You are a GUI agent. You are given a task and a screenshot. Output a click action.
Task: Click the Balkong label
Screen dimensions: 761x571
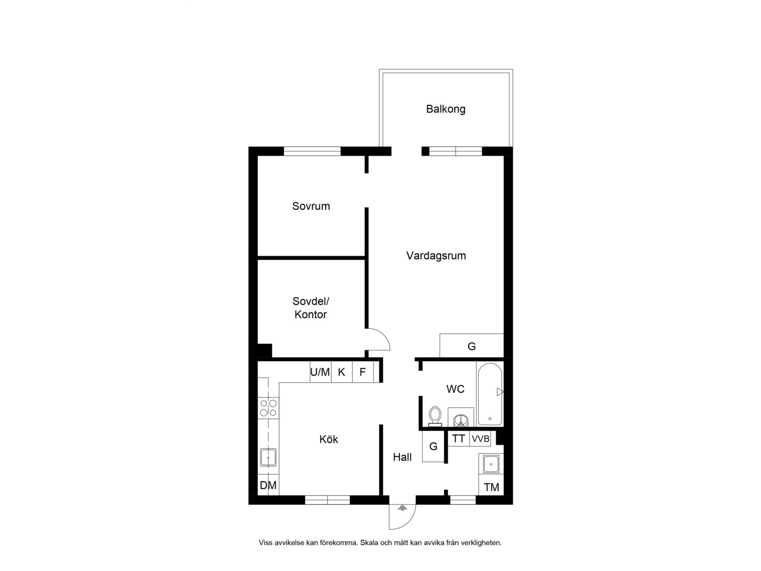445,109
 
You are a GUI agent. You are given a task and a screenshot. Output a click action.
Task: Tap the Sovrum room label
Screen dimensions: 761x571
311,206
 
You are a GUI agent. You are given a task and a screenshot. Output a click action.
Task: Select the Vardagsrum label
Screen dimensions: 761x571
436,256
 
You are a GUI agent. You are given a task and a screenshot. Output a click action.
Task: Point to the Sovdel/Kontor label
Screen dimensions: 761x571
311,308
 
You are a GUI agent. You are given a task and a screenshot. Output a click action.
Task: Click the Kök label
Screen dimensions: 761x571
328,439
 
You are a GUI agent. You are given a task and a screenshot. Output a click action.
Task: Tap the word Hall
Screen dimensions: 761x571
402,457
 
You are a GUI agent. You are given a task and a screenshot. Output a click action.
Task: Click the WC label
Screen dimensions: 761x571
455,389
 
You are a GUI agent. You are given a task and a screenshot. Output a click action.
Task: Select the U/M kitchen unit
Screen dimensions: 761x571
320,372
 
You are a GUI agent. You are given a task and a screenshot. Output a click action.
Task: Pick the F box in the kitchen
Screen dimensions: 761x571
363,372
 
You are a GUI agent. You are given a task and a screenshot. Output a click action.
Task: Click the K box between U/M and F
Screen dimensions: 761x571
342,372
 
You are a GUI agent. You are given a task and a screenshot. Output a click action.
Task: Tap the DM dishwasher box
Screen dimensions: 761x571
268,485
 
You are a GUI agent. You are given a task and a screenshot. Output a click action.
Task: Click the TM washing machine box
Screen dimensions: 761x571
491,485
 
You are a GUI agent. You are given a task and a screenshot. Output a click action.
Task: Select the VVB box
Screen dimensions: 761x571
480,439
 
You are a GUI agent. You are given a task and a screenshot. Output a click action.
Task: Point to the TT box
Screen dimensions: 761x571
459,439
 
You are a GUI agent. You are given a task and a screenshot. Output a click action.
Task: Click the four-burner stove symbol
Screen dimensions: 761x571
268,408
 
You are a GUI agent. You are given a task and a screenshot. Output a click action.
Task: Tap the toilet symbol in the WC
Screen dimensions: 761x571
435,416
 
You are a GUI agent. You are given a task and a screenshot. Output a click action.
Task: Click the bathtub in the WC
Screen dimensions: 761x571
489,394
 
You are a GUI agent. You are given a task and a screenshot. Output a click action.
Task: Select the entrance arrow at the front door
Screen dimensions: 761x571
402,508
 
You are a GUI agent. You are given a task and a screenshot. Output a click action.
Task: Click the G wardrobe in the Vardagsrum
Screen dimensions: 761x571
471,346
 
